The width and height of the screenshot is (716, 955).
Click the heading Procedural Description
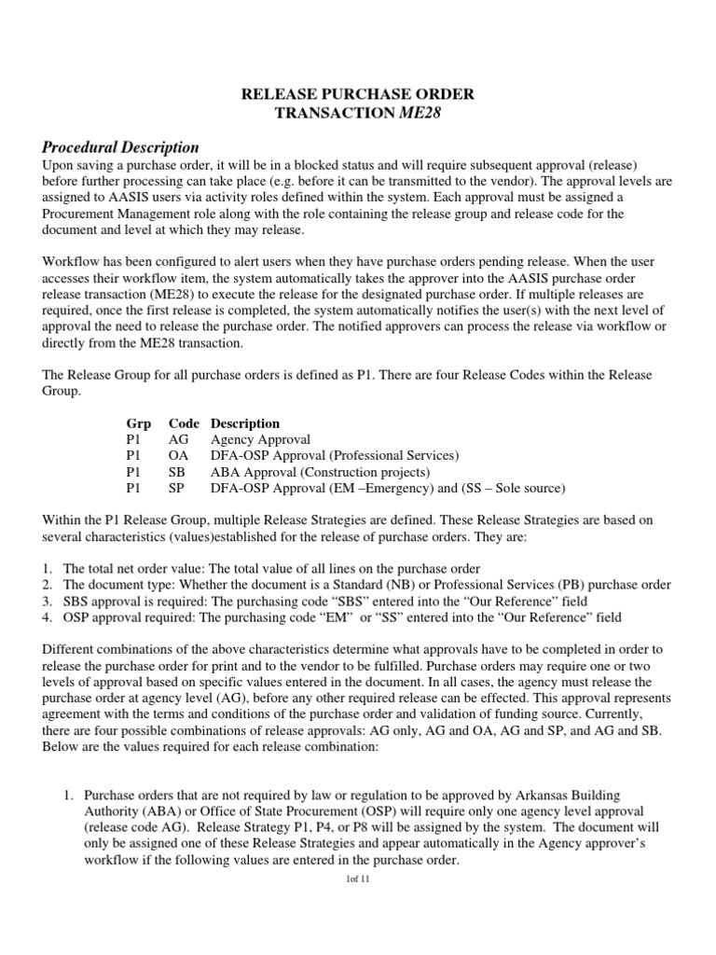pos(120,146)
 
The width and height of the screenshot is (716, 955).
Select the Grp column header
pos(138,422)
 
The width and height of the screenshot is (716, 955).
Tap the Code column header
pos(185,422)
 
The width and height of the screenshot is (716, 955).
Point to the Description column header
pos(245,422)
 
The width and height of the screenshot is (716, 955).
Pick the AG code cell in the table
pos(179,439)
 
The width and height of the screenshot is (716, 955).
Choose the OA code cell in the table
pos(179,455)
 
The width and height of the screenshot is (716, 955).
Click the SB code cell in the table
pos(178,472)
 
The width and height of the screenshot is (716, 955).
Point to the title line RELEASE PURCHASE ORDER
pos(358,94)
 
